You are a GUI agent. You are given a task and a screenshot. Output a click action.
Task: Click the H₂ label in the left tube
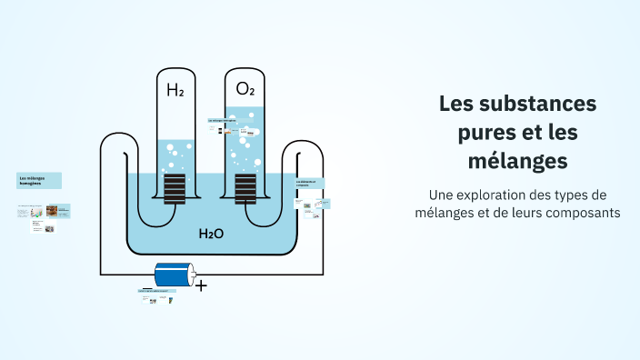(175, 90)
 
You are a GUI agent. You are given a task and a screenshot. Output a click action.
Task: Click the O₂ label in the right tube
(245, 89)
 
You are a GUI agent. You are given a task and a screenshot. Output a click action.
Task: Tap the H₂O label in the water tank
(211, 234)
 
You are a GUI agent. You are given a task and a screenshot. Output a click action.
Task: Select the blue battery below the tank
(175, 275)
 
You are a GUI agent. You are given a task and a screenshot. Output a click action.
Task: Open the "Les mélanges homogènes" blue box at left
(39, 180)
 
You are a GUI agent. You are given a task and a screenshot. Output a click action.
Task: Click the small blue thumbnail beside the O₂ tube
(222, 120)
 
